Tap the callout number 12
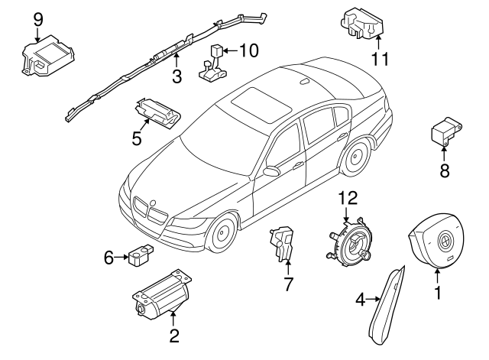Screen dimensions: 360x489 (348, 198)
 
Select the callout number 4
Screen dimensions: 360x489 (360, 300)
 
